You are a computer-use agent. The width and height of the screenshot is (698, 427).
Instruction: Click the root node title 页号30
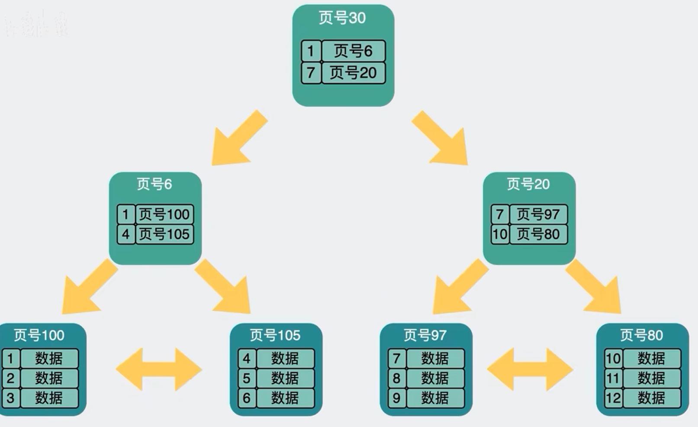click(342, 18)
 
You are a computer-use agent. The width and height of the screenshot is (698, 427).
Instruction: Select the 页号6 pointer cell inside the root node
click(353, 51)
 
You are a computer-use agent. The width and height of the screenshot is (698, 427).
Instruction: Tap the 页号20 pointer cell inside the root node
click(353, 73)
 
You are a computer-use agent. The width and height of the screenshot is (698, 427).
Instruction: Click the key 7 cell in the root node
click(311, 73)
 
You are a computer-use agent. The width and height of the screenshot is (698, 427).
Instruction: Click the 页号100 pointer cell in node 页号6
click(164, 214)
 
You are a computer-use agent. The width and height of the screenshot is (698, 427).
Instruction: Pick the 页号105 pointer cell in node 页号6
click(164, 234)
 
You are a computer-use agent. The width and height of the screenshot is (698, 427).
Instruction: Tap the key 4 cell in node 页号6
click(126, 234)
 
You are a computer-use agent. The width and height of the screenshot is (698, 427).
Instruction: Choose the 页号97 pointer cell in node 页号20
click(538, 214)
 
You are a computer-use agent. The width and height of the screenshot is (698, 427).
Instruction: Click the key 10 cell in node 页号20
click(500, 234)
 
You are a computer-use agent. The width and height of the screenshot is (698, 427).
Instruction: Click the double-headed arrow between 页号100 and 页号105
click(159, 369)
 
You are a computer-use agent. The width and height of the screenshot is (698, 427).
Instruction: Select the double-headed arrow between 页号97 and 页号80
click(530, 369)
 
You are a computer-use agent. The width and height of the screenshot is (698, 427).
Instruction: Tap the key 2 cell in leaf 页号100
click(11, 378)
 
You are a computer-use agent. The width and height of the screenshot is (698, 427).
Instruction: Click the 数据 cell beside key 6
click(285, 398)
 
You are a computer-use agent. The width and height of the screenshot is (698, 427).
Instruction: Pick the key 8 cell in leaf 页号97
click(396, 378)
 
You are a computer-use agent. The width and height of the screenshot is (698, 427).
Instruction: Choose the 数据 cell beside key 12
click(651, 398)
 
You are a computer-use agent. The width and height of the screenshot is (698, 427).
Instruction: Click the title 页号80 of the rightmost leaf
click(641, 335)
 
